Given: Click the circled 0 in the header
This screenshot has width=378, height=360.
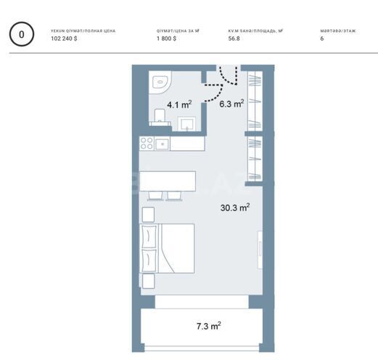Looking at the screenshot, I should tap(22, 34).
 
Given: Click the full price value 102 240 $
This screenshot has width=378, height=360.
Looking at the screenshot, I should tap(65, 38).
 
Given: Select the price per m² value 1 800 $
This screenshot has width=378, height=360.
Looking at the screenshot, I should tap(166, 38).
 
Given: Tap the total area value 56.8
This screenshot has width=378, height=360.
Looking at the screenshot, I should tap(234, 38).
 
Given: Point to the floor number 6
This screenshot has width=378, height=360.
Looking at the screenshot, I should tap(321, 38).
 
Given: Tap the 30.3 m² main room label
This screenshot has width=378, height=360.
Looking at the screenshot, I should tap(235, 208).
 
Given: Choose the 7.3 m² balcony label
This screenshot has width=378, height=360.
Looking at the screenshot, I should tap(208, 326).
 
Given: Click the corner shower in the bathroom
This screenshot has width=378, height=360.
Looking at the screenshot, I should tap(159, 81).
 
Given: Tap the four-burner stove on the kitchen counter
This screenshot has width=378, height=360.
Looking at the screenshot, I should tap(146, 143).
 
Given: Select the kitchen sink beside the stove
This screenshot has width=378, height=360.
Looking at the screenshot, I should tap(162, 143).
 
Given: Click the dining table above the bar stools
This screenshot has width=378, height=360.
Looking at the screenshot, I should tap(168, 180).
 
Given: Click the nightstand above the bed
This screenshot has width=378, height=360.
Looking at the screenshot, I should tap(148, 214).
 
